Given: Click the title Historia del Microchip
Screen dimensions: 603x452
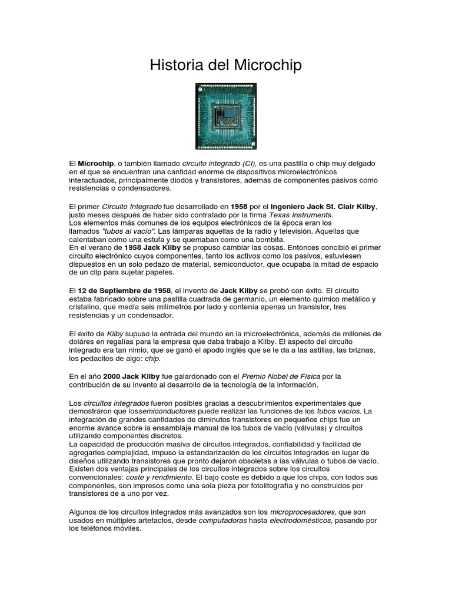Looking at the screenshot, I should pyautogui.click(x=225, y=65).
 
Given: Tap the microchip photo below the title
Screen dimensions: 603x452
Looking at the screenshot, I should pyautogui.click(x=226, y=116).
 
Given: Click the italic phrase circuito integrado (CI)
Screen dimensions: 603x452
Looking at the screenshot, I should pyautogui.click(x=219, y=163).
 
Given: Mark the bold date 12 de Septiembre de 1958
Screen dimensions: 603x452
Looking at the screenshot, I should pyautogui.click(x=125, y=291).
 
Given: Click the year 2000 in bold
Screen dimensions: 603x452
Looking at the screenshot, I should pyautogui.click(x=112, y=376).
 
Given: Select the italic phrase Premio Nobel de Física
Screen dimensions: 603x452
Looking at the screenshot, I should pyautogui.click(x=280, y=376).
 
